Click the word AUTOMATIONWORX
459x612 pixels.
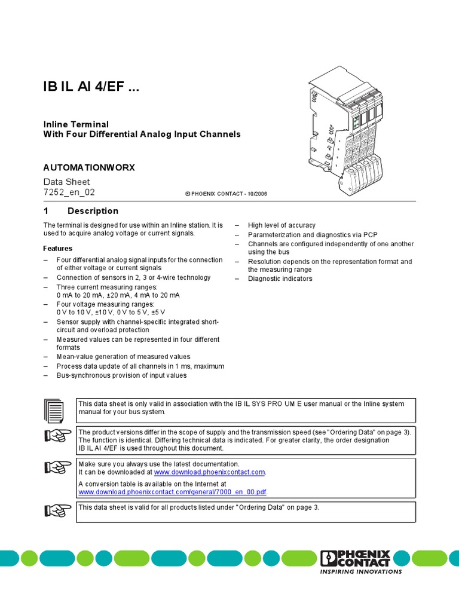(89, 167)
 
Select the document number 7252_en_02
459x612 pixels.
(69, 192)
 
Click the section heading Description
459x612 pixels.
(93, 211)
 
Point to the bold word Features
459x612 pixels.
(57, 249)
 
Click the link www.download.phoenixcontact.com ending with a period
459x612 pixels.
(209, 472)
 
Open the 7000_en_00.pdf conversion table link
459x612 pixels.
(173, 492)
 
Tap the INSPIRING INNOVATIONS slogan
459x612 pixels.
(362, 572)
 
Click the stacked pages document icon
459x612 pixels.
(54, 411)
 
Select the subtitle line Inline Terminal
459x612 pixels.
(76, 124)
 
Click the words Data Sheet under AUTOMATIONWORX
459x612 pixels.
(66, 182)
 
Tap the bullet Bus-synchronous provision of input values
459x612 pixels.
(121, 375)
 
